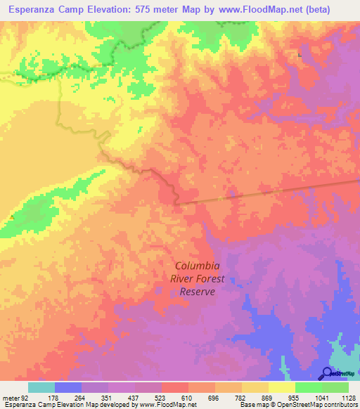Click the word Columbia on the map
pos(197,266)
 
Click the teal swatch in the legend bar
pos(41,387)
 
